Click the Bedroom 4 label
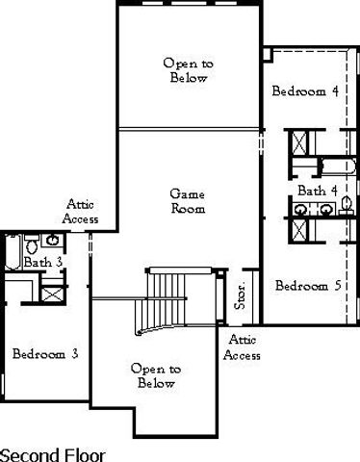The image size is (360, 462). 305,92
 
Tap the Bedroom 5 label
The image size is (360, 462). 307,286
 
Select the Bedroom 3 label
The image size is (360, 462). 45,354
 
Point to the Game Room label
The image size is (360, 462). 188,200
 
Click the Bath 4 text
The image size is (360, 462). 317,190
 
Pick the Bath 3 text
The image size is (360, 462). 43,262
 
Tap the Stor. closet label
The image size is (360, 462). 243,296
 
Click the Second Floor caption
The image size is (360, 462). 53,452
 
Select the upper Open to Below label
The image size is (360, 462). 188,70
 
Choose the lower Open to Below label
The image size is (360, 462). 155,376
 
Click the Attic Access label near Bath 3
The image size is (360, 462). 81,212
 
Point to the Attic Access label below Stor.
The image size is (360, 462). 242,347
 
